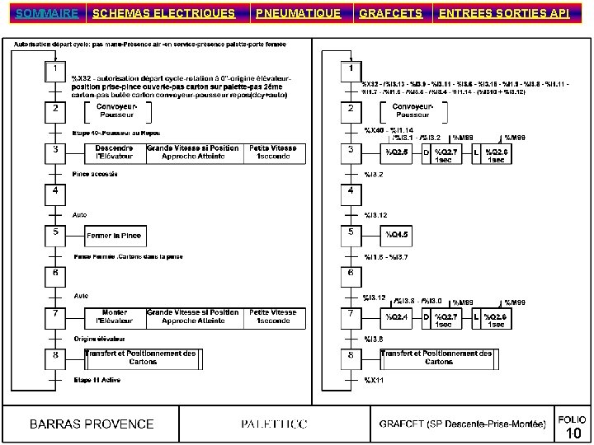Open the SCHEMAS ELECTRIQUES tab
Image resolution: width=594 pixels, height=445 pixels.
(x=163, y=13)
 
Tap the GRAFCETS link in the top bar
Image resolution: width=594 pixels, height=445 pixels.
(x=391, y=13)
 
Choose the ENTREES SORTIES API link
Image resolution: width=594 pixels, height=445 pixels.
(x=504, y=13)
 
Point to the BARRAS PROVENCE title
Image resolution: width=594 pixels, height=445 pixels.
(x=92, y=424)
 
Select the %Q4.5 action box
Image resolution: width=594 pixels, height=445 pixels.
(x=398, y=235)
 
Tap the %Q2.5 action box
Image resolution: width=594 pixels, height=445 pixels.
(x=398, y=152)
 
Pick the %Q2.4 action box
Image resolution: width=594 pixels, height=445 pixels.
(x=398, y=316)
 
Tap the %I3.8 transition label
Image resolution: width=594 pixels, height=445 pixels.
(x=375, y=339)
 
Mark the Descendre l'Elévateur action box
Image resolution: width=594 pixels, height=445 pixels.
(x=114, y=152)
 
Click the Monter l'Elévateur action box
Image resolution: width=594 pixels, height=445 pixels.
(x=114, y=316)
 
